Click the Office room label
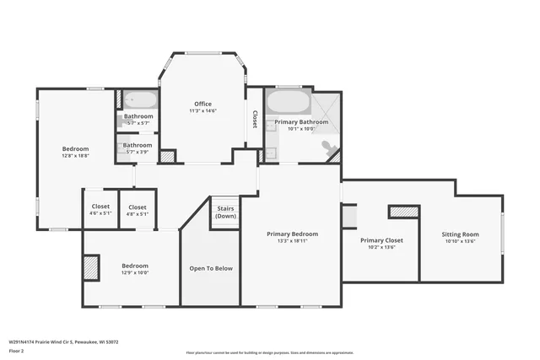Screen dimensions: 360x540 point(202,104)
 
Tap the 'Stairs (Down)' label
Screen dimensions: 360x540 point(225,212)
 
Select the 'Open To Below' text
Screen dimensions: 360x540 point(211,268)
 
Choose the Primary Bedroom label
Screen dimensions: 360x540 point(293,234)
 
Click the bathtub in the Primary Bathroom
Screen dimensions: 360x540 point(289,104)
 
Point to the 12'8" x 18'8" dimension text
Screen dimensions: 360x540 point(75,155)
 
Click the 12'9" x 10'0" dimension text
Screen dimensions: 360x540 point(135,272)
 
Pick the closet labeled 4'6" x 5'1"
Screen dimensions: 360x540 point(100,210)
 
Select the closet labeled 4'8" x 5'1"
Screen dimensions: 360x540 point(137,210)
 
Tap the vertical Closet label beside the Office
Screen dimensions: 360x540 point(254,119)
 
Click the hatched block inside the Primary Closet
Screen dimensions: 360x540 point(403,212)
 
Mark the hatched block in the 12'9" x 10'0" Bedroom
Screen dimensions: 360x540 point(90,267)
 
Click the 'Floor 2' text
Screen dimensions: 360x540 point(17,350)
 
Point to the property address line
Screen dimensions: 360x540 point(63,341)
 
